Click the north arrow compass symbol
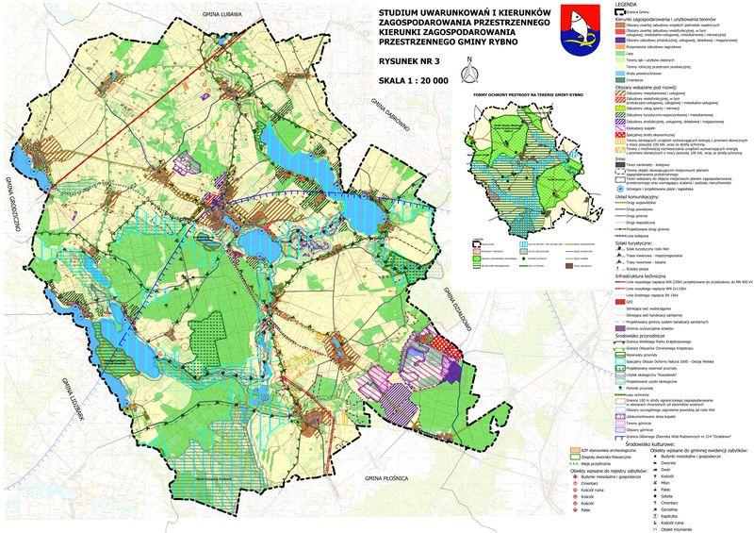pos(465,71)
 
